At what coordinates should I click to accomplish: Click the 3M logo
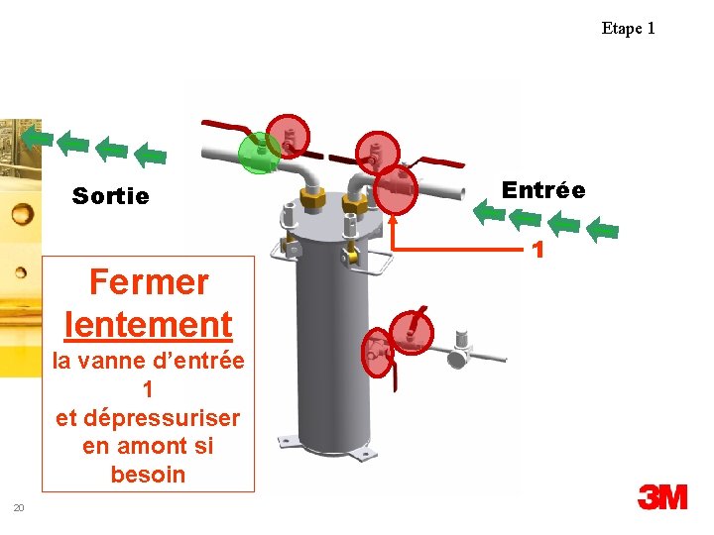tap(662, 496)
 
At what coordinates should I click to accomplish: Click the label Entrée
tap(543, 190)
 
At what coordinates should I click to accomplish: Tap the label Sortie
tap(111, 196)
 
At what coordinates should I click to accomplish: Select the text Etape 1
tap(628, 28)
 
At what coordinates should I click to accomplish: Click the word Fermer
tap(149, 282)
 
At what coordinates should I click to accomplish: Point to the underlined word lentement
tap(148, 323)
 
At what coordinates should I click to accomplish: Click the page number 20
tap(18, 508)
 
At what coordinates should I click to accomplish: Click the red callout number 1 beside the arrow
tap(539, 250)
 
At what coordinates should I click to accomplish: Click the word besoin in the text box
tap(148, 475)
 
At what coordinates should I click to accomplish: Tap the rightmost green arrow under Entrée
tap(602, 230)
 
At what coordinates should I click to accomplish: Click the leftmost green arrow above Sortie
tap(37, 136)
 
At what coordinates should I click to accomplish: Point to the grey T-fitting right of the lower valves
tap(459, 349)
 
